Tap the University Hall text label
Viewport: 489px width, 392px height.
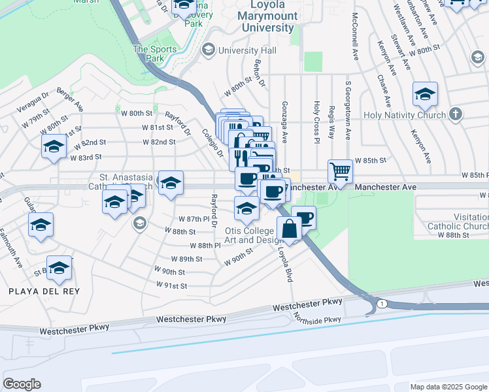pos(247,50)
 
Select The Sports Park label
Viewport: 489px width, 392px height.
pos(155,54)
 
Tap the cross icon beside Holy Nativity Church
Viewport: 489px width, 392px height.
pos(456,115)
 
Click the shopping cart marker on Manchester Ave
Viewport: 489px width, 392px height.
pos(340,172)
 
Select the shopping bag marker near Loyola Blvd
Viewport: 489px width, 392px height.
pos(289,230)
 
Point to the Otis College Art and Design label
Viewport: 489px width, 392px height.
pos(249,235)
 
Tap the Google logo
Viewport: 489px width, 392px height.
pos(22,384)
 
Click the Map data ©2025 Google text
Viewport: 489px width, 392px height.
pos(448,387)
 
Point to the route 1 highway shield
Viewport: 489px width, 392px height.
pos(382,304)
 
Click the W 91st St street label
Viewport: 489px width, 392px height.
pos(172,286)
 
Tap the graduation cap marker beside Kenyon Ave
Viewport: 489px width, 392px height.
pos(425,95)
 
